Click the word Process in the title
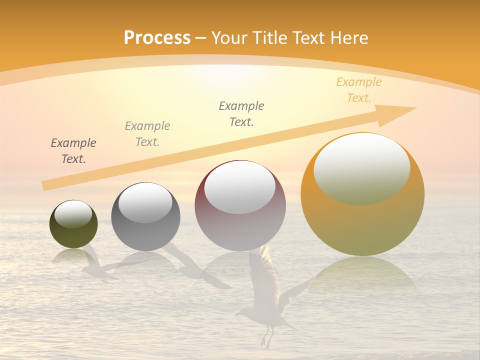(157, 38)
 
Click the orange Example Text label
(358, 90)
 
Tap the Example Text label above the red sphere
(241, 113)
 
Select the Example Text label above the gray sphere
(147, 133)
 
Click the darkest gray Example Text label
(73, 150)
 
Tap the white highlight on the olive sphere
(73, 214)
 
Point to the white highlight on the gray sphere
(145, 202)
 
